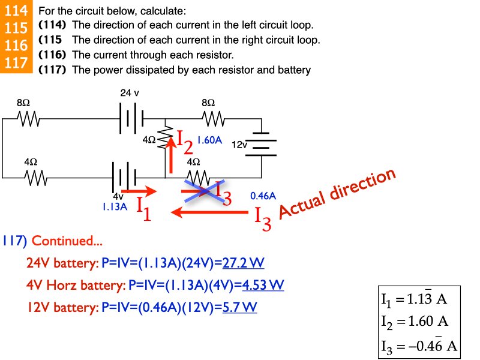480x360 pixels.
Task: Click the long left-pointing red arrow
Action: [210, 212]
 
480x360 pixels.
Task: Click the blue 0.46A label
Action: [263, 196]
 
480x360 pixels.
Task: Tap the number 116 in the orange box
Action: [16, 46]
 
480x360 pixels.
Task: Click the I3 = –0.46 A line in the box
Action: [419, 346]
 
